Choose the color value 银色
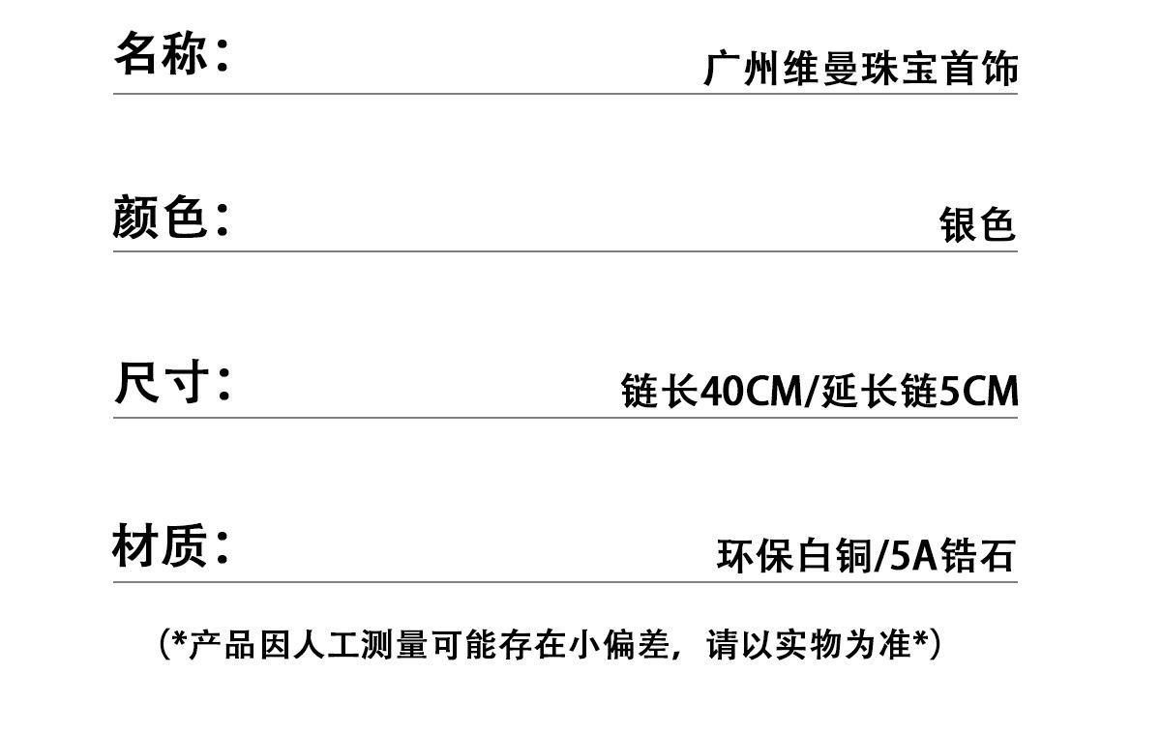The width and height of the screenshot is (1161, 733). [x=977, y=225]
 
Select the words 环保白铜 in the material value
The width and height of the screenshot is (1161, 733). [x=793, y=557]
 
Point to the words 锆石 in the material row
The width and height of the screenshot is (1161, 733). [x=977, y=557]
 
